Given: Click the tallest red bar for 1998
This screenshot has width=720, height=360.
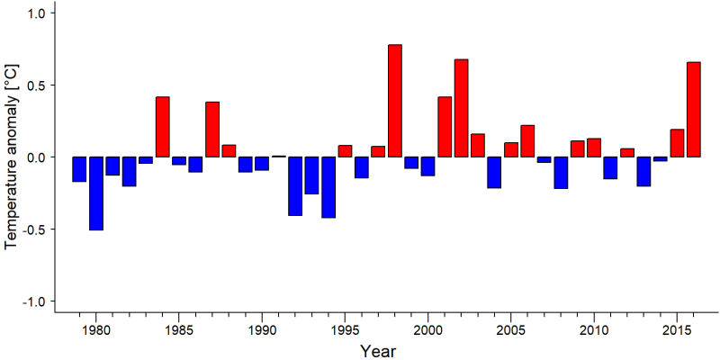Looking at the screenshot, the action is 395,101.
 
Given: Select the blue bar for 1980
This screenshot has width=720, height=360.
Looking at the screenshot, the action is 96,193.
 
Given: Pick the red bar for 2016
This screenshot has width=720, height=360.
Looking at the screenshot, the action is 694,109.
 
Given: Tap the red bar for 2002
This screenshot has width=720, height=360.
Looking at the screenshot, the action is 462,108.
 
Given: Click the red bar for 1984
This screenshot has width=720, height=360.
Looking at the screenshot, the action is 163,127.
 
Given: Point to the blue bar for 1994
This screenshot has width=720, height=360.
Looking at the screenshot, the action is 328,187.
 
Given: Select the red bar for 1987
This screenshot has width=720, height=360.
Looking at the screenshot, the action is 212,130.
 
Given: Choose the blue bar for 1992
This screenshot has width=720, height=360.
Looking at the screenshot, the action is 295,186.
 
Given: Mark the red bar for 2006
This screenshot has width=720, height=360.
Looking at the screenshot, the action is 527,141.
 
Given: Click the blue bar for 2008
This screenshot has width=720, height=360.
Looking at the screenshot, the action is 561,173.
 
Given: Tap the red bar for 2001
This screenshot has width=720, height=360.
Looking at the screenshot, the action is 445,127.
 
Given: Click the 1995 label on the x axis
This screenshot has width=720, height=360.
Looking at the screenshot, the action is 345,330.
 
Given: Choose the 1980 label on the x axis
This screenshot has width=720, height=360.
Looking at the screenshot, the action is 96,330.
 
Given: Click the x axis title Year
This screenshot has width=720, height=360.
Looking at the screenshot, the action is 377,351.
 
